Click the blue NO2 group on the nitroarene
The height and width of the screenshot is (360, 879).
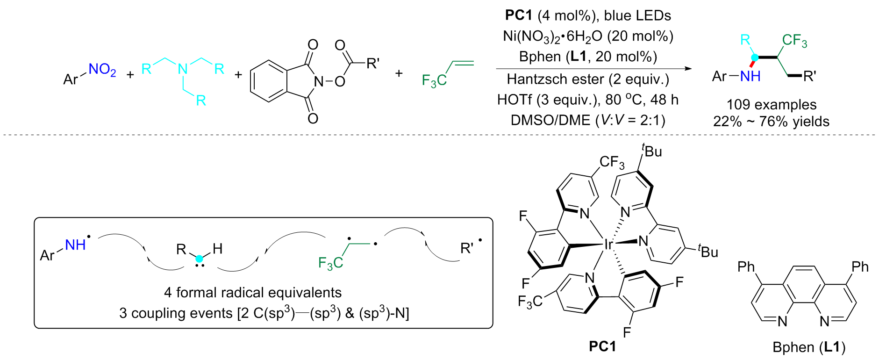[x=102, y=70]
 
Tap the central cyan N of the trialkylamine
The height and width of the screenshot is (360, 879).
[x=182, y=69]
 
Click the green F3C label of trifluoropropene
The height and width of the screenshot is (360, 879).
[x=434, y=81]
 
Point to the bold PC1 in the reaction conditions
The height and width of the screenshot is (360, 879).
[x=518, y=15]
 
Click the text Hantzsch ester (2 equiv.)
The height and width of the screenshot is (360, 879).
[x=587, y=79]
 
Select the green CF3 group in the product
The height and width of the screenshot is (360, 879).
[x=794, y=41]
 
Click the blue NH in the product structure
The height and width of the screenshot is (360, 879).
[x=750, y=76]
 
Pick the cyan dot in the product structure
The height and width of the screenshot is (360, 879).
[x=755, y=58]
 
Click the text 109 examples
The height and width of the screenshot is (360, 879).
[x=772, y=104]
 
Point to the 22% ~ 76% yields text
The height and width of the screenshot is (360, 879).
[x=771, y=122]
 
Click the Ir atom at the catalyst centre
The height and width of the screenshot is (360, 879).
[x=608, y=244]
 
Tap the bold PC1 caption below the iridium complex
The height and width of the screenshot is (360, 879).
[x=602, y=346]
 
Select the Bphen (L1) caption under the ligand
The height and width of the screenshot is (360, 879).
[x=809, y=347]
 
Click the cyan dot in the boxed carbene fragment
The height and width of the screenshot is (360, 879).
[x=200, y=259]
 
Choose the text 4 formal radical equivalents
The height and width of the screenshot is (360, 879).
[x=253, y=293]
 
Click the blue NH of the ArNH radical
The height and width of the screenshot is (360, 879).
[x=75, y=245]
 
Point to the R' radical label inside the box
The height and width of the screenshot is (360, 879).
[x=468, y=248]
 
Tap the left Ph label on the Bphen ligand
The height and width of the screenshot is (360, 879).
[x=746, y=267]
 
